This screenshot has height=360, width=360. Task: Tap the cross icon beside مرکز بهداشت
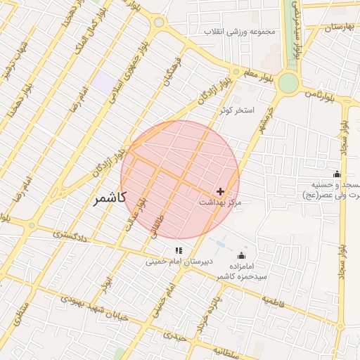pos(221,191)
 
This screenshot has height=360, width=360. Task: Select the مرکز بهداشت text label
pos(220,202)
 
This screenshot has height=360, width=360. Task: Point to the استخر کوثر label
pos(235,111)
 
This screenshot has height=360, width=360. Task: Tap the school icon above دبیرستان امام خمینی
pos(179,250)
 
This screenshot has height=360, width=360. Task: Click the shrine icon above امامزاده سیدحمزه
pos(243,255)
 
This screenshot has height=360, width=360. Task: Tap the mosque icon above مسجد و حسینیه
pos(337,174)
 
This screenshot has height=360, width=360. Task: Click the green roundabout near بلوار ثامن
pos(288,84)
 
